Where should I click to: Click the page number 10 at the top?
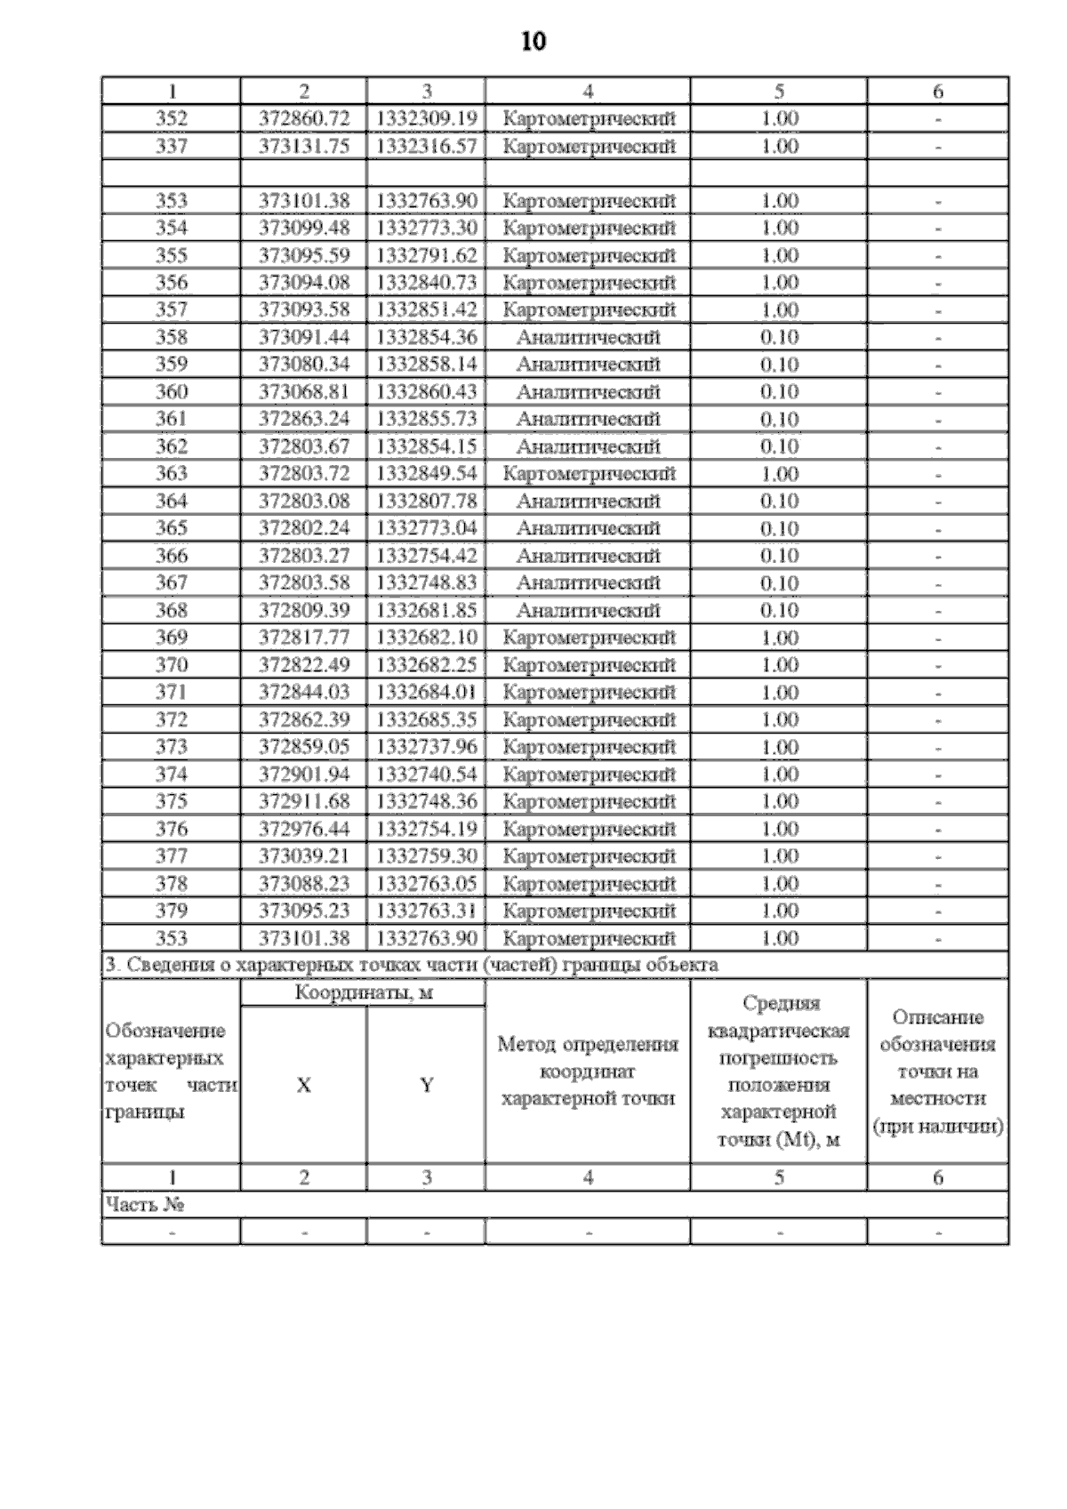[533, 42]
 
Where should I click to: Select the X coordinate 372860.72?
[304, 118]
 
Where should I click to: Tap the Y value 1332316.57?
[427, 146]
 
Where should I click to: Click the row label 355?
[172, 255]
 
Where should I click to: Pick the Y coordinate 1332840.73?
[427, 283]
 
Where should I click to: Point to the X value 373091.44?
[304, 337]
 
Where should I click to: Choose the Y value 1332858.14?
[427, 365]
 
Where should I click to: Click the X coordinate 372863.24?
[304, 419]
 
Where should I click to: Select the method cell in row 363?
[589, 474]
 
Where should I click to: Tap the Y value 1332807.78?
[427, 501]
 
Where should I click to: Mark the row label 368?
[172, 610]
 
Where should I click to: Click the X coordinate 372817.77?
[304, 638]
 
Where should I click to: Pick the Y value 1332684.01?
[427, 692]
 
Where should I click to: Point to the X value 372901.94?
[304, 774]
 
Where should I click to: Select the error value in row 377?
[780, 855]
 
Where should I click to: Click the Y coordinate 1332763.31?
[427, 911]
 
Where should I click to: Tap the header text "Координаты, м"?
[364, 993]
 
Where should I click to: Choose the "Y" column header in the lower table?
[427, 1085]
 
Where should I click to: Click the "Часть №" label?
[145, 1205]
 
